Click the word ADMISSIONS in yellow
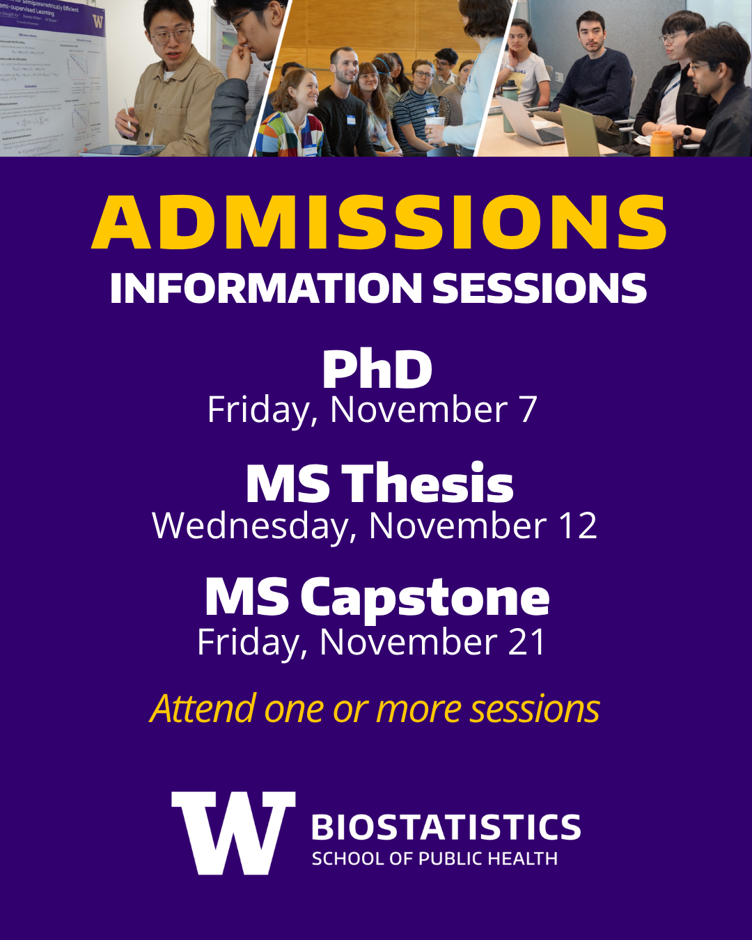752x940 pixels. pyautogui.click(x=379, y=222)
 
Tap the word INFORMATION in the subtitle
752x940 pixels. pyautogui.click(x=266, y=288)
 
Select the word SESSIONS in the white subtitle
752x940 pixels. pyautogui.click(x=540, y=288)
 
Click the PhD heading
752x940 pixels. pyautogui.click(x=377, y=370)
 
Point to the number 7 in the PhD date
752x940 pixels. pyautogui.click(x=528, y=409)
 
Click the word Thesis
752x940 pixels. pyautogui.click(x=428, y=484)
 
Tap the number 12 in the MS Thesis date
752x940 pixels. pyautogui.click(x=578, y=526)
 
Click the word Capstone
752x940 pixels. pyautogui.click(x=425, y=598)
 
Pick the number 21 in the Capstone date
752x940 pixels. pyautogui.click(x=527, y=642)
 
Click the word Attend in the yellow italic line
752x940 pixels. pyautogui.click(x=203, y=709)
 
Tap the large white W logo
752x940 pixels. pyautogui.click(x=233, y=832)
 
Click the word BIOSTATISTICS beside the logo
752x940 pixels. pyautogui.click(x=446, y=828)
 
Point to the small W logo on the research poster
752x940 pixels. pyautogui.click(x=97, y=21)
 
